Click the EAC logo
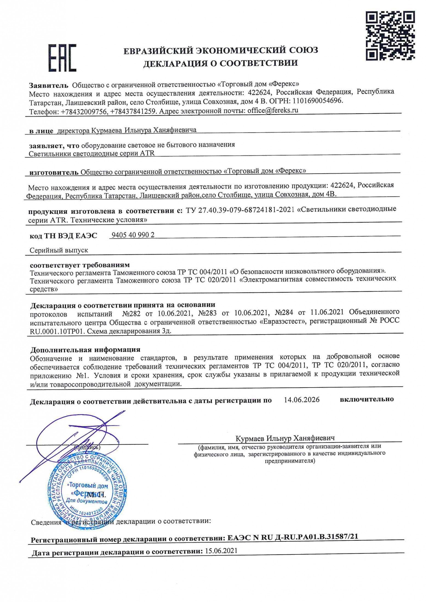click(62, 58)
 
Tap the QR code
click(390, 36)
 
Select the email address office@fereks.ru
click(273, 110)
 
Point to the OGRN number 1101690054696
click(318, 101)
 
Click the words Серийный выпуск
click(59, 250)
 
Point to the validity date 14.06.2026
click(302, 400)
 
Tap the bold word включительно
click(367, 399)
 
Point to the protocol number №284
click(284, 312)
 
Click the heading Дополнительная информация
click(85, 349)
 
